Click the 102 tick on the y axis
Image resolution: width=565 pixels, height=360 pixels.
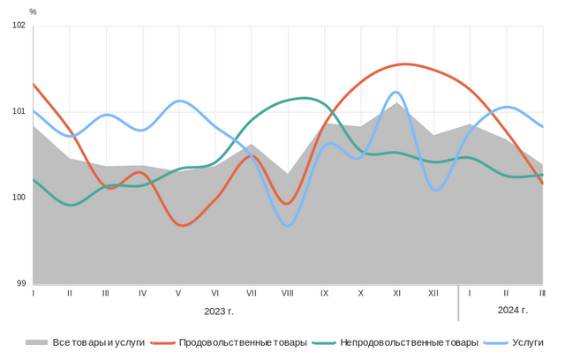click(19, 25)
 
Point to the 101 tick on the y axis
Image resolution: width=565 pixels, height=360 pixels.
click(19, 111)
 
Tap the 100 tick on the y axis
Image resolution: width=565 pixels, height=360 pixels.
click(19, 197)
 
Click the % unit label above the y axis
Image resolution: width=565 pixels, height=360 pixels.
click(33, 11)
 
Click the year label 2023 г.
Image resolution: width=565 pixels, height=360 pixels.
click(219, 311)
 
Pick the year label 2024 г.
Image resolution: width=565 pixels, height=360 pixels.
click(512, 310)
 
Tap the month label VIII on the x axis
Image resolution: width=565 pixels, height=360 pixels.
click(288, 292)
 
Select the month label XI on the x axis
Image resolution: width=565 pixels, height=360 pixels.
click(397, 292)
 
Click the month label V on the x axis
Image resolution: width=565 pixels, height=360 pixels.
click(178, 292)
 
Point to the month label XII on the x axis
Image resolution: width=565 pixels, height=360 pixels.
click(433, 292)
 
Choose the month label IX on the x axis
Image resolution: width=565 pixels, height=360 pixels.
click(324, 292)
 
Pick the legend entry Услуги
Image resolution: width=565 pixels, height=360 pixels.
click(527, 342)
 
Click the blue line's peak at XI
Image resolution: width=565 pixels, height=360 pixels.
click(395, 92)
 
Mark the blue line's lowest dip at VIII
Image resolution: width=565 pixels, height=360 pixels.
click(288, 226)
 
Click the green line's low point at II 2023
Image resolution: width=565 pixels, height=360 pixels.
click(71, 205)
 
